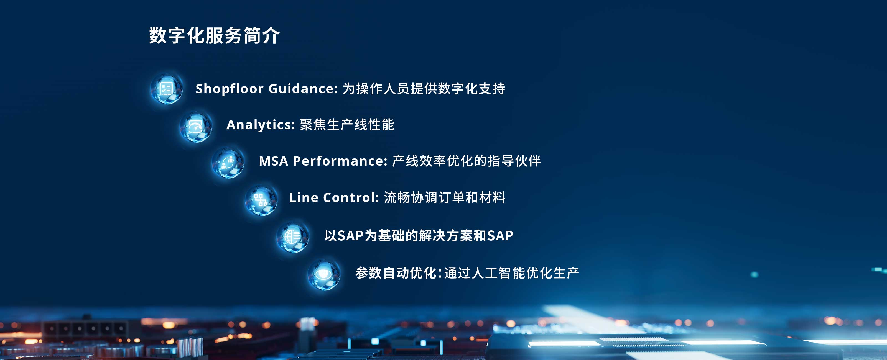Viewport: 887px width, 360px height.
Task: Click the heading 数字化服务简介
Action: click(214, 35)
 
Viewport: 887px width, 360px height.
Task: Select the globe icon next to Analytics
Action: click(196, 126)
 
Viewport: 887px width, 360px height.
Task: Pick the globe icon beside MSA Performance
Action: click(228, 163)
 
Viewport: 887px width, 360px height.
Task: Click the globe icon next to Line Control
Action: click(261, 200)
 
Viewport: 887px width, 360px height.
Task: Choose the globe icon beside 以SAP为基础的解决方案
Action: click(293, 237)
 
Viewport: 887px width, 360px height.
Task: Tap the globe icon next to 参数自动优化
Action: click(324, 275)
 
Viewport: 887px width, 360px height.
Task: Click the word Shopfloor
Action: click(230, 89)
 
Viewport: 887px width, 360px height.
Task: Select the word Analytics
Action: click(261, 125)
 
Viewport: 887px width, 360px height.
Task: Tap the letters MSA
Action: click(273, 161)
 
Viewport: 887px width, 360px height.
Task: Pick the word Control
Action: click(351, 197)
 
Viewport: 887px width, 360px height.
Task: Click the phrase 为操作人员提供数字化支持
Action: click(424, 89)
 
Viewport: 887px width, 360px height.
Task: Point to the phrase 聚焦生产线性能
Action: click(347, 125)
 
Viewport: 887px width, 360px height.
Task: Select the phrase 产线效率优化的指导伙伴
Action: click(467, 161)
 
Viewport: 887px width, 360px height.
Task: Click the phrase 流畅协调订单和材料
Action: click(445, 197)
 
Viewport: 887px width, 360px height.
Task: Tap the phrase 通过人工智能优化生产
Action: click(512, 273)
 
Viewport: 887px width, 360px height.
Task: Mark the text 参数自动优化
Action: click(396, 273)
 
